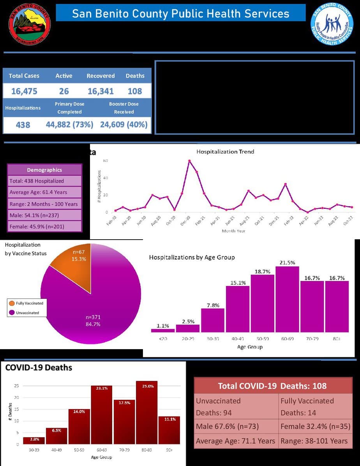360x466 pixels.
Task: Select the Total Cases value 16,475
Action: pyautogui.click(x=24, y=91)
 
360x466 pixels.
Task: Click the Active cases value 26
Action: pyautogui.click(x=64, y=91)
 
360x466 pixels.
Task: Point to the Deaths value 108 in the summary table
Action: pyautogui.click(x=135, y=91)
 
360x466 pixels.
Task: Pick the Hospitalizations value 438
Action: pyautogui.click(x=23, y=125)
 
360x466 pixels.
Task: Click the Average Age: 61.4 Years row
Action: pyautogui.click(x=44, y=192)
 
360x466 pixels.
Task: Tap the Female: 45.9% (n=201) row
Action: pyautogui.click(x=44, y=226)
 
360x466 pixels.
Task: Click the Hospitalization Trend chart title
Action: pyautogui.click(x=225, y=152)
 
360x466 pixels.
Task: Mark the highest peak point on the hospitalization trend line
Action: pyautogui.click(x=189, y=161)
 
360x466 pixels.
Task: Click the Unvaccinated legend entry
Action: pyautogui.click(x=27, y=313)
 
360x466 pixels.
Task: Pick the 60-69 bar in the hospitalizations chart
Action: pyautogui.click(x=287, y=299)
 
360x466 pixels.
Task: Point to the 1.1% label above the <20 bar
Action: pyautogui.click(x=162, y=326)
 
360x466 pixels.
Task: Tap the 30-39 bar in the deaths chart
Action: pyautogui.click(x=34, y=440)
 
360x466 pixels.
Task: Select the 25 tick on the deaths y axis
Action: pyautogui.click(x=16, y=386)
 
